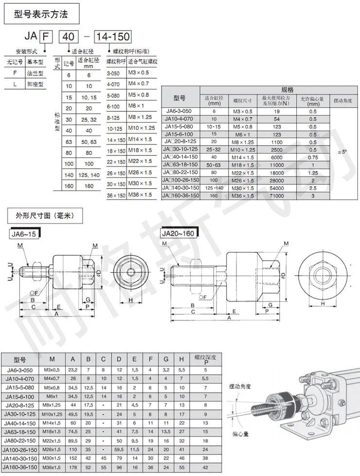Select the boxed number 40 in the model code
click(x=68, y=36)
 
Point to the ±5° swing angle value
click(x=342, y=152)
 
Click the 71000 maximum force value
click(x=276, y=195)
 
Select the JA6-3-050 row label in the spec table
click(x=180, y=111)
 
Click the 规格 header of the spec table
click(x=288, y=90)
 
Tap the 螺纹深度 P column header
click(x=205, y=359)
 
